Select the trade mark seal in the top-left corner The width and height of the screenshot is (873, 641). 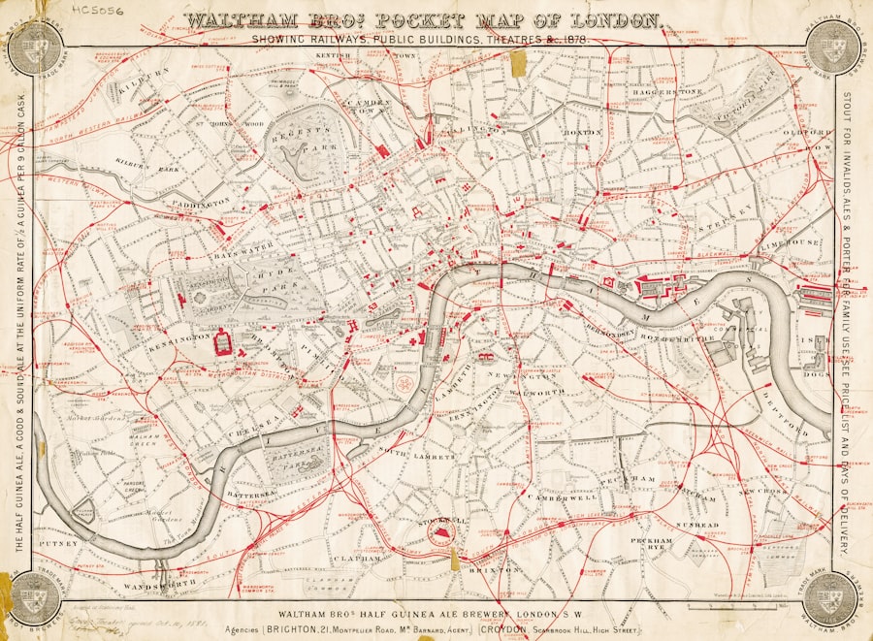36,46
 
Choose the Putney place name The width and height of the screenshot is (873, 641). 50,545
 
